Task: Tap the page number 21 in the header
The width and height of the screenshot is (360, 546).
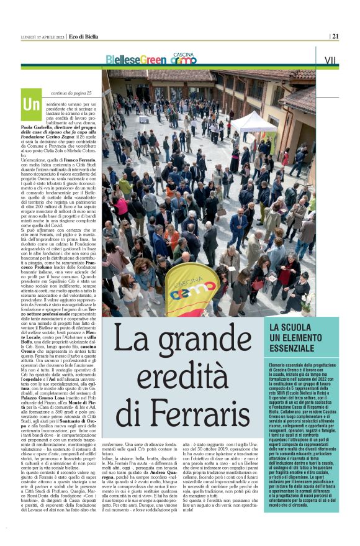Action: tap(335, 36)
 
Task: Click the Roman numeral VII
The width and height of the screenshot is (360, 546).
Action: tap(331, 60)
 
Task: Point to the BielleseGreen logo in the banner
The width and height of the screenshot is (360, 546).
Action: tap(135, 60)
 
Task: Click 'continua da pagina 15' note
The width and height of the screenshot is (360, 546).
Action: tap(71, 93)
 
